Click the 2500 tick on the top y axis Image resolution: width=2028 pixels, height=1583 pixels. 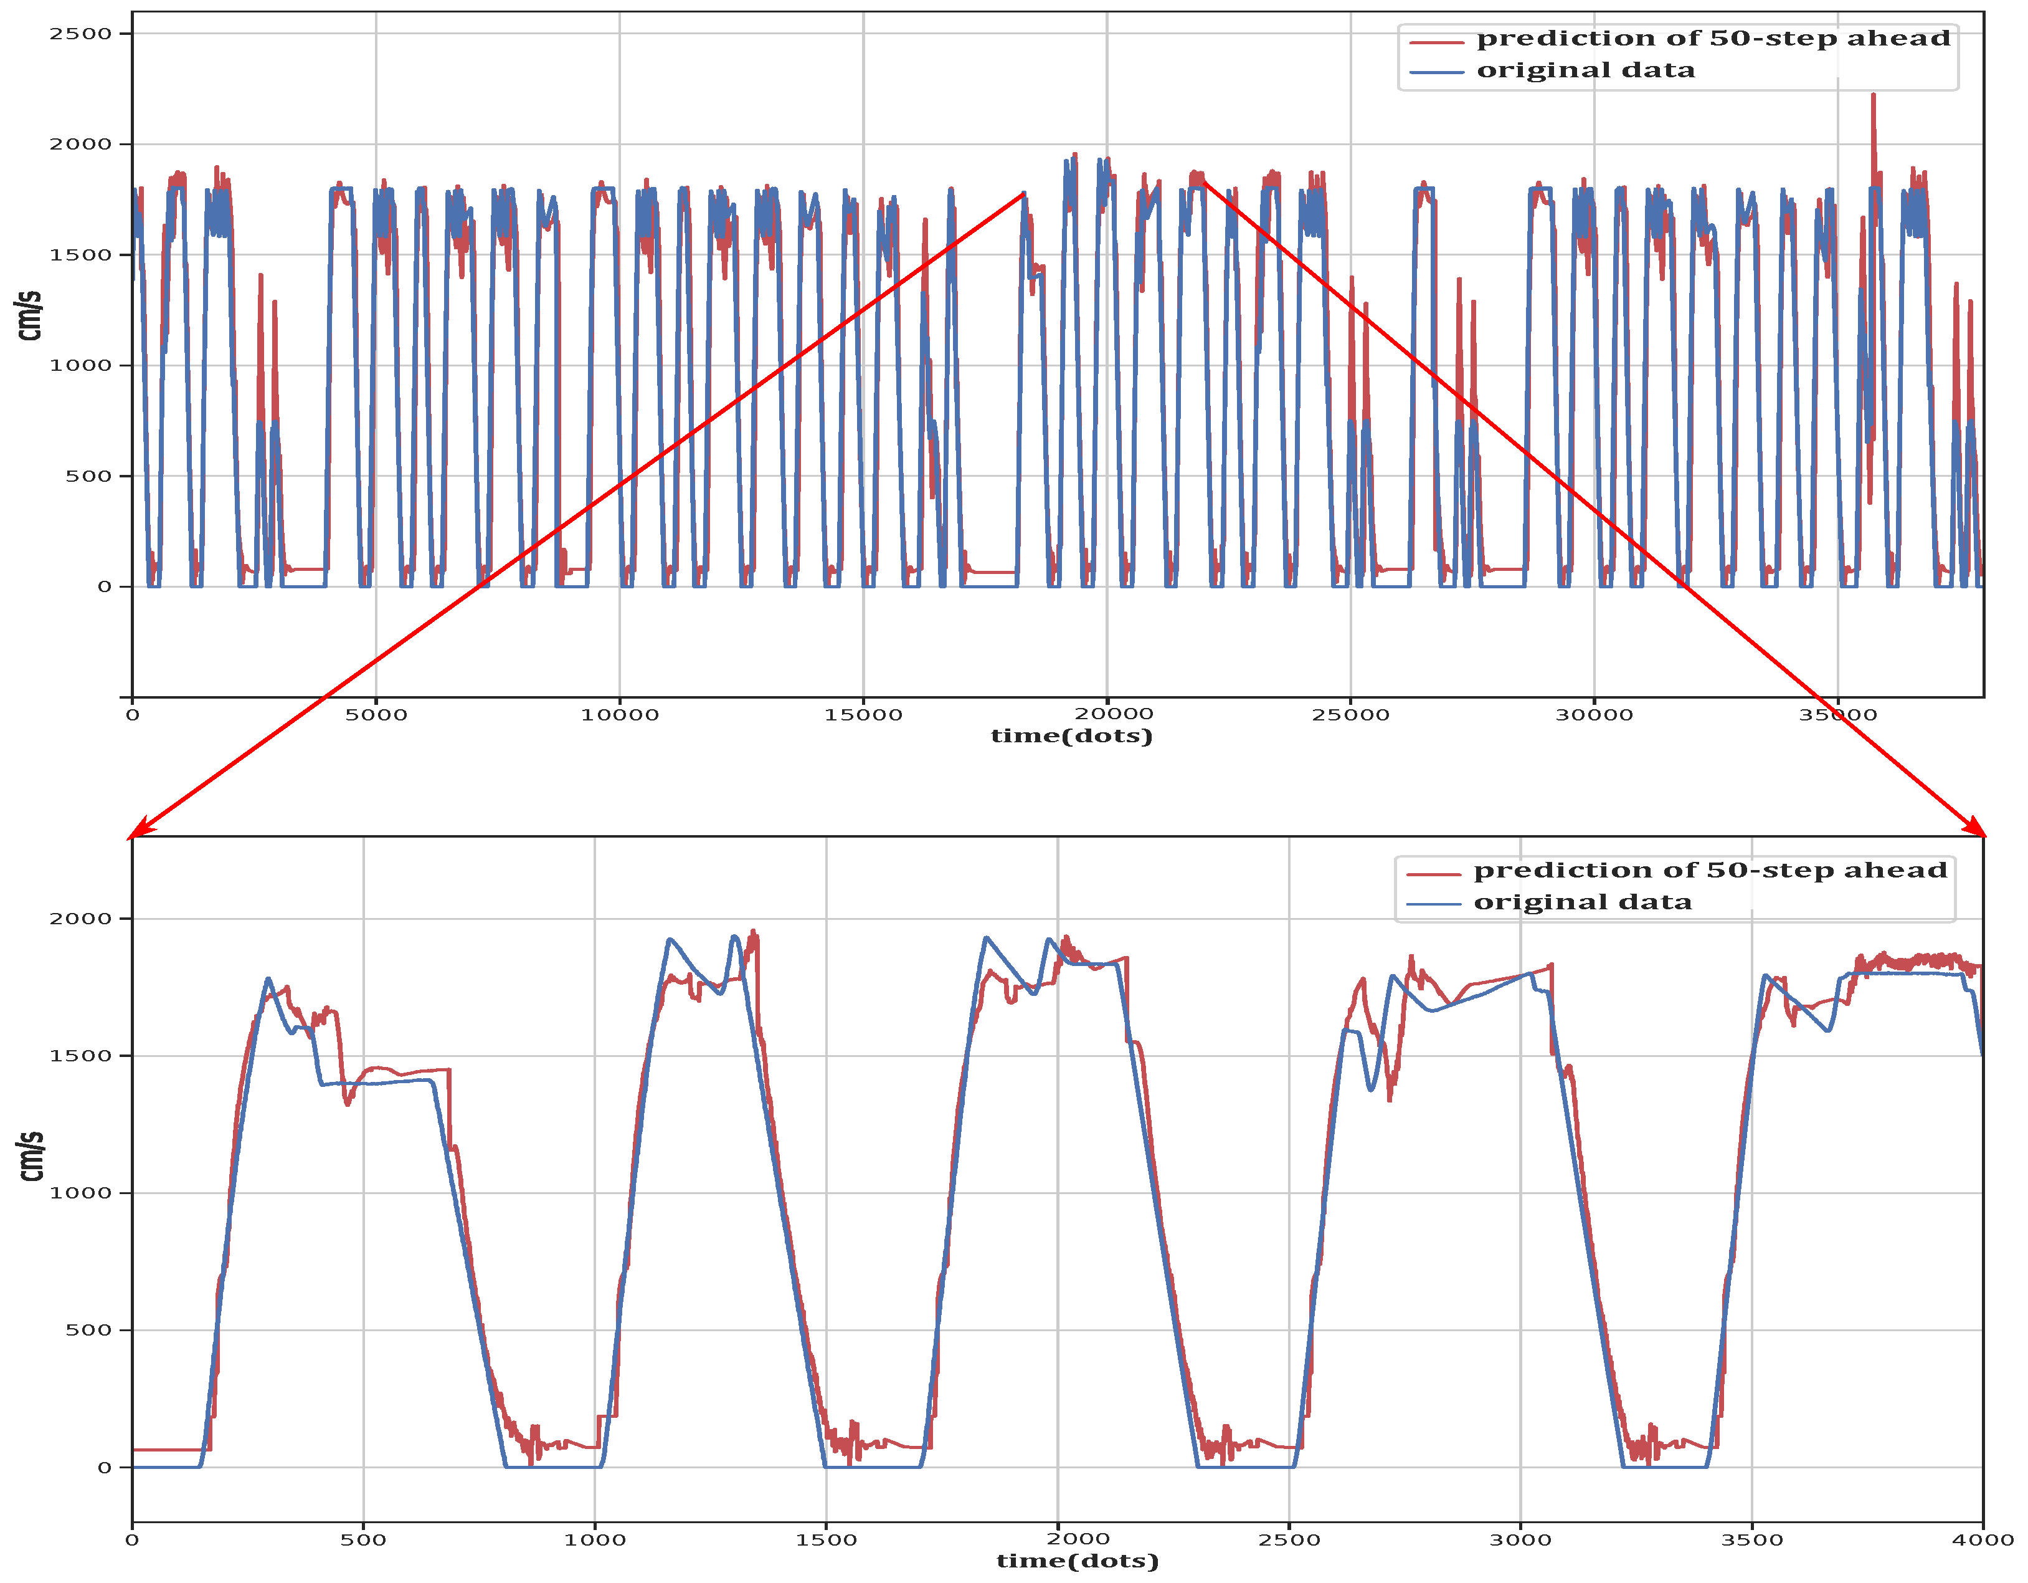pyautogui.click(x=80, y=34)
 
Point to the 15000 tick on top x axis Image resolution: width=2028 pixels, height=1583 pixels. pyautogui.click(x=863, y=714)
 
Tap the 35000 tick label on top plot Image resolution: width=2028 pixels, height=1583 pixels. pyautogui.click(x=1837, y=714)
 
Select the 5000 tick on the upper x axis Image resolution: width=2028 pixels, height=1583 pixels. pyautogui.click(x=376, y=714)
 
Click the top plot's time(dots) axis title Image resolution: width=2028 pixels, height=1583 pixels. pyautogui.click(x=1071, y=736)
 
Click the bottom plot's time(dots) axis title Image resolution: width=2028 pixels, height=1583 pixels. pyautogui.click(x=1077, y=1561)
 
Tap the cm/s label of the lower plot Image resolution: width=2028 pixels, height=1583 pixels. pyautogui.click(x=32, y=1157)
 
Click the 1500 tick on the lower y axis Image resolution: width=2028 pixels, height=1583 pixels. pyautogui.click(x=80, y=1055)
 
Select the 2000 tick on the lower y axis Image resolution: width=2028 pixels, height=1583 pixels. pyautogui.click(x=80, y=919)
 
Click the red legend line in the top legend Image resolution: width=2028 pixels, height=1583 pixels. pyautogui.click(x=1436, y=42)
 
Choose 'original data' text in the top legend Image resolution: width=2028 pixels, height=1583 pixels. pyautogui.click(x=1585, y=70)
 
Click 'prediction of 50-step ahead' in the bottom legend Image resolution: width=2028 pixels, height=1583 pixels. pyautogui.click(x=1710, y=871)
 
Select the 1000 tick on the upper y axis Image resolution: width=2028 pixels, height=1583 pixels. pyautogui.click(x=80, y=365)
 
